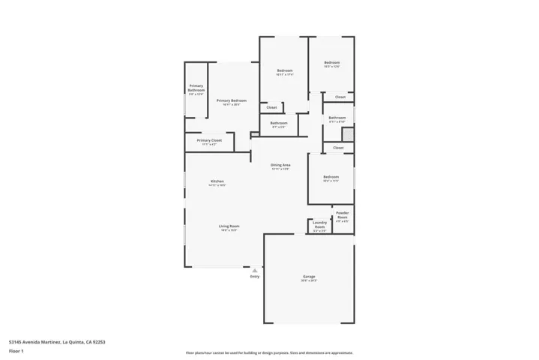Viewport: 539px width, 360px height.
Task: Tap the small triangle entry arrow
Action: click(255, 269)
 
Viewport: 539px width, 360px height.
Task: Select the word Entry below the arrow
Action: click(255, 276)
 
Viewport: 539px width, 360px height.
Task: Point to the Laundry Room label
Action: click(319, 225)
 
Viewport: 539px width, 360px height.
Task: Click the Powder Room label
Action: click(342, 216)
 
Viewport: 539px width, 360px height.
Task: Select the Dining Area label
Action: click(280, 164)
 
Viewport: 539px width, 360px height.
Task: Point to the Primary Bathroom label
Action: click(196, 88)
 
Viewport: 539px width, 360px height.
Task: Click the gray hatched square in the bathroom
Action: click(347, 134)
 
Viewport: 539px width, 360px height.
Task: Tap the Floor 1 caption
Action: click(16, 350)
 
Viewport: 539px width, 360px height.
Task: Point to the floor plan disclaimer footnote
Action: click(269, 352)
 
